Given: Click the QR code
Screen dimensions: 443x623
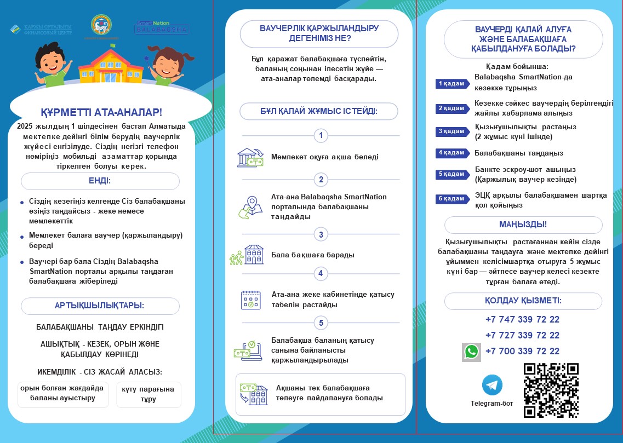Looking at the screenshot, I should point(551,390).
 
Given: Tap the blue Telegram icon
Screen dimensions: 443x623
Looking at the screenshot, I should point(492,385).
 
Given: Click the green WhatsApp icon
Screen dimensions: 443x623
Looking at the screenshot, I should point(471,352).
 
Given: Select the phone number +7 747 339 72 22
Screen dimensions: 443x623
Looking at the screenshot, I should point(522,319).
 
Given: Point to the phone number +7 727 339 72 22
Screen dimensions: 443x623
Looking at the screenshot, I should point(522,335).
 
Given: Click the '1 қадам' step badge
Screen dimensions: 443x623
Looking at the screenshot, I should point(452,84).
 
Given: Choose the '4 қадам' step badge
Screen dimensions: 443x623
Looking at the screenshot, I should point(452,153).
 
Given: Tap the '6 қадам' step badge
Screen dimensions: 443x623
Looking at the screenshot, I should point(452,199).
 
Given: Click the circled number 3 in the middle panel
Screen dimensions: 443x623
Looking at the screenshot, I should point(321,234).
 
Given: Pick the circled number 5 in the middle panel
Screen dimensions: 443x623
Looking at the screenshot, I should point(321,323).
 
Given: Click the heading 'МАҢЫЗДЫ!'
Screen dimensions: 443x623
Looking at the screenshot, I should point(523,225).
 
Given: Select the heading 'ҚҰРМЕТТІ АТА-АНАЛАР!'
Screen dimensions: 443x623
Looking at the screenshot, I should point(101,113).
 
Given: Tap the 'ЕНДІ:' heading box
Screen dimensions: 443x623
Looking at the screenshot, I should point(100,181).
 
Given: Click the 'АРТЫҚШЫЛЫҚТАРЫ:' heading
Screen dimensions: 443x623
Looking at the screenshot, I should point(100,306).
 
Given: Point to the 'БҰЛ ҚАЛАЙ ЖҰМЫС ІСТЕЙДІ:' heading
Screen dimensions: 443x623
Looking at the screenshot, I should point(318,111).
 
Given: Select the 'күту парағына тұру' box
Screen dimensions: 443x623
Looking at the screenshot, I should point(148,394).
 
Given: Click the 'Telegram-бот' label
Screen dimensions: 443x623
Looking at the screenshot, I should point(491,404).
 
